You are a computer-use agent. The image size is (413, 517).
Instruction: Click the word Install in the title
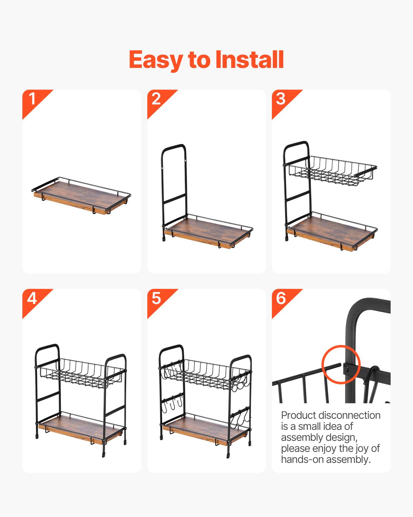coord(249,59)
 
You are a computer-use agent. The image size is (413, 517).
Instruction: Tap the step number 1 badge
coord(33,99)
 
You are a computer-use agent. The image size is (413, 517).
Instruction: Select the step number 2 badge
coord(157,99)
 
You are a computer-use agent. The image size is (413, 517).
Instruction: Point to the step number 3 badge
coord(281,99)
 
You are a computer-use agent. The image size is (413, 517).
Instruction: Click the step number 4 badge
coord(32,298)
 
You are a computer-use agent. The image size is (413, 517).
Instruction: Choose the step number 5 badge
coord(157,298)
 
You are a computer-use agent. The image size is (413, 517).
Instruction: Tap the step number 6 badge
coord(281,298)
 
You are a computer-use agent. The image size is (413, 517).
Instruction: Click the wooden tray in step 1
coord(81,196)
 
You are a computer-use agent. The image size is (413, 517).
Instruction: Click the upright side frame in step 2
coord(174,183)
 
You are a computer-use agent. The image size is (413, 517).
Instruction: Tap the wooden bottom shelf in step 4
coord(81,429)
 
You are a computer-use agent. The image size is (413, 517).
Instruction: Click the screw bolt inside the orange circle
coord(347,369)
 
